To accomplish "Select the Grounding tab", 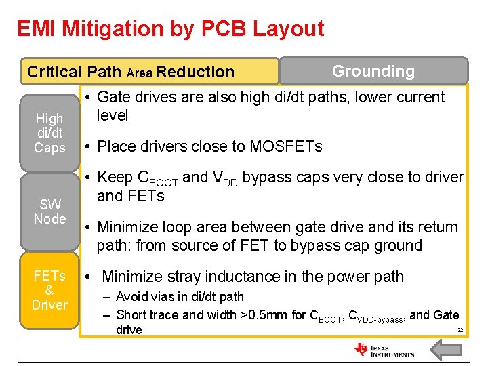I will pyautogui.click(x=373, y=71).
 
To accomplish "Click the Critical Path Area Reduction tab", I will pyautogui.click(x=131, y=72).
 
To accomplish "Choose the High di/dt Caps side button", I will pyautogui.click(x=49, y=133).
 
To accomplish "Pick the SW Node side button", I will pyautogui.click(x=49, y=212).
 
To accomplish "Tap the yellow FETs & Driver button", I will pyautogui.click(x=49, y=291).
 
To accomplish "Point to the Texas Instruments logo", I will pyautogui.click(x=384, y=350).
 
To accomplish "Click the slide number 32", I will pyautogui.click(x=460, y=329).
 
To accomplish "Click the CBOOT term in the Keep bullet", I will pyautogui.click(x=158, y=178).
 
